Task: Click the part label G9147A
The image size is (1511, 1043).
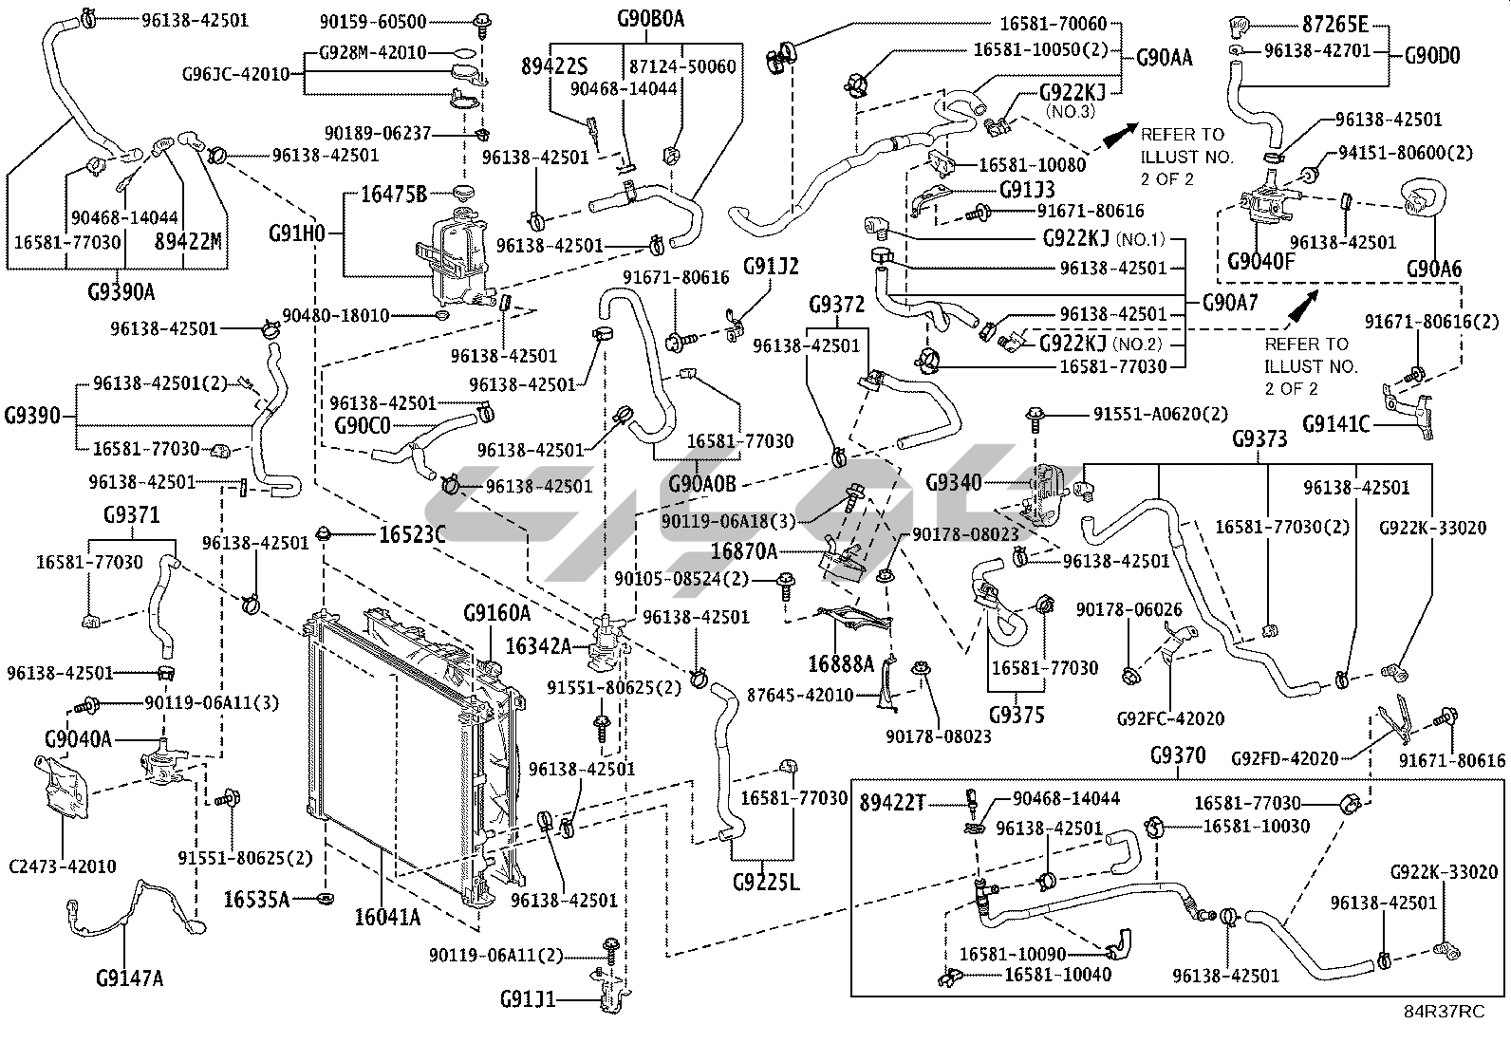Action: point(130,977)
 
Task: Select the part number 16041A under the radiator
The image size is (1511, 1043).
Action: point(387,917)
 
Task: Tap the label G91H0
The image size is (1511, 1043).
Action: point(297,232)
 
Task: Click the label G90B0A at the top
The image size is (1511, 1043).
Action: point(650,18)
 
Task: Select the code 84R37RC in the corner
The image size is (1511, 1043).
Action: point(1445,1012)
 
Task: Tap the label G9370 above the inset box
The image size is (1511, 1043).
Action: point(1177,755)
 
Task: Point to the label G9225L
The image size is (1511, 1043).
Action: point(766,883)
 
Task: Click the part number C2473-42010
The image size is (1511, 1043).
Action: point(63,866)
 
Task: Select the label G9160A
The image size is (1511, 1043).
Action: point(496,613)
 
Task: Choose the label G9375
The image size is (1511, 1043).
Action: point(1017,715)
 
